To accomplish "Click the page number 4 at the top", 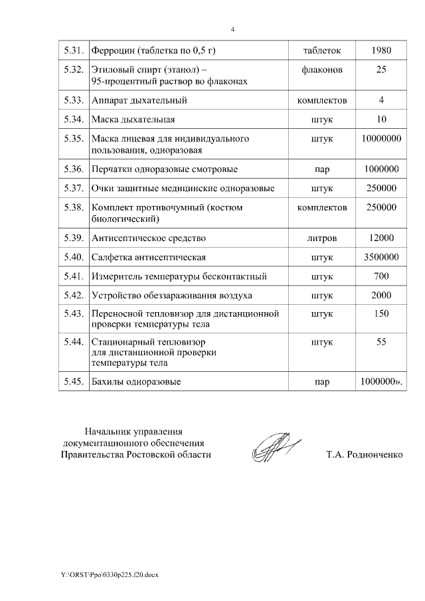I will [x=232, y=29].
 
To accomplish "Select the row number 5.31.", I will [x=72, y=50].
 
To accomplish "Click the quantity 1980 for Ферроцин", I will [x=381, y=50].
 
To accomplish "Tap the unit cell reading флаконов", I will [x=322, y=70].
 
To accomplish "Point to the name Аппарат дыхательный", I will [x=139, y=101].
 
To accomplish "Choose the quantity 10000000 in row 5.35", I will [x=381, y=139].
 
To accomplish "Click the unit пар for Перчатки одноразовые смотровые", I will [x=322, y=169].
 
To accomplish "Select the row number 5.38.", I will [x=72, y=207].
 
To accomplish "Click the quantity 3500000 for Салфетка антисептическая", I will [x=381, y=257].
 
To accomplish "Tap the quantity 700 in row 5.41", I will [x=381, y=276].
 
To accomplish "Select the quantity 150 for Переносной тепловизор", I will [x=381, y=313].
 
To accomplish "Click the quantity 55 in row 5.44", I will [x=381, y=342].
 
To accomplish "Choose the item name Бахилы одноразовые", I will [x=136, y=382].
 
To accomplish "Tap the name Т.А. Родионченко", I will [x=364, y=455].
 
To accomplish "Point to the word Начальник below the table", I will [x=109, y=431].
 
